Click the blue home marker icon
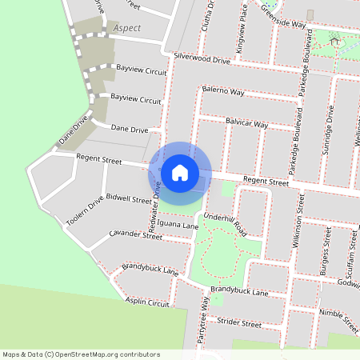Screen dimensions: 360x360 pos(180,172)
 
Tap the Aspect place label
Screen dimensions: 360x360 pos(127,28)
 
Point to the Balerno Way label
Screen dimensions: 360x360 pos(222,90)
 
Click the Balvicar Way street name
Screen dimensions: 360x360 pos(246,125)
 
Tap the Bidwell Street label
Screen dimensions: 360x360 pos(128,197)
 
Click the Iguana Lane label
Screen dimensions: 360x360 pos(178,226)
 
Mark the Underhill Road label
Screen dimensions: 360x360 pos(226,223)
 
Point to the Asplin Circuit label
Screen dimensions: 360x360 pos(147,303)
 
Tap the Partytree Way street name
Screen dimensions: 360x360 pos(205,325)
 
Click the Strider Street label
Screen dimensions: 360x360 pos(240,324)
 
